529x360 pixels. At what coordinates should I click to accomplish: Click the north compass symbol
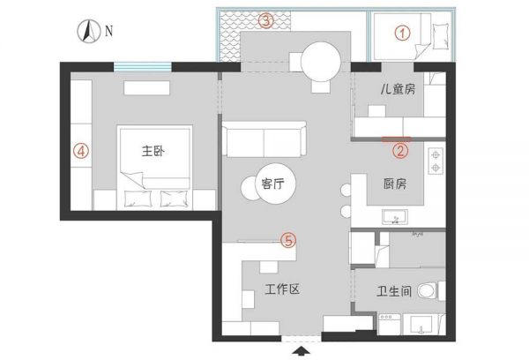(x=89, y=31)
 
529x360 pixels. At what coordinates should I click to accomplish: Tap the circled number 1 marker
(x=402, y=34)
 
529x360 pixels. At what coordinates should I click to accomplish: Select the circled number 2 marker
(x=400, y=151)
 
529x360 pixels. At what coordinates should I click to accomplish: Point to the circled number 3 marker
(x=266, y=20)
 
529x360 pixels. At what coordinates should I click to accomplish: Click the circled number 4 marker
(x=81, y=151)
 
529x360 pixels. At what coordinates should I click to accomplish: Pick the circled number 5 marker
(x=289, y=241)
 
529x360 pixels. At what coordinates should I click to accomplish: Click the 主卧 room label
(x=153, y=151)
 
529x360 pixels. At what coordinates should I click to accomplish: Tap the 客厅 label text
(x=272, y=184)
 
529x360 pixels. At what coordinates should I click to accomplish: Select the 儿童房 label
(x=398, y=89)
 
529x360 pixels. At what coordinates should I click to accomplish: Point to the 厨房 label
(x=395, y=184)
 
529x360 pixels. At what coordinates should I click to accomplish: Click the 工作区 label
(x=282, y=289)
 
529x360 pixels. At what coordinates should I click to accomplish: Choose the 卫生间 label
(x=394, y=291)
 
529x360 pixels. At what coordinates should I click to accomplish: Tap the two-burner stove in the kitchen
(x=436, y=161)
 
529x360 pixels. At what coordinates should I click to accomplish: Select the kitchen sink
(x=395, y=217)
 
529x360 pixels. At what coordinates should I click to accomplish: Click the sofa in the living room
(x=264, y=139)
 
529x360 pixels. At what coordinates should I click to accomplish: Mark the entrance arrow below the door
(x=301, y=351)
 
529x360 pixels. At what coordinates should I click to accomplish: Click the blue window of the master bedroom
(x=142, y=66)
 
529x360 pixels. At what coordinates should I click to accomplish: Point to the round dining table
(x=321, y=61)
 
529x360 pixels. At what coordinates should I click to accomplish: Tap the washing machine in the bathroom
(x=390, y=324)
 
